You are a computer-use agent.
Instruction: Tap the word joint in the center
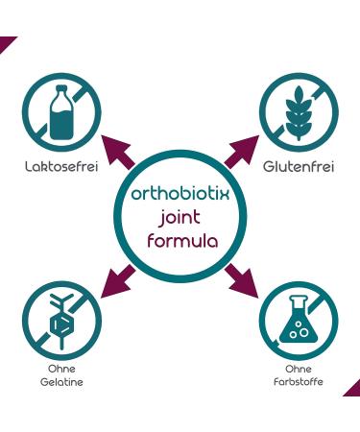point(180,216)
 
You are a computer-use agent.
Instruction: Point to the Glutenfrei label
point(299,167)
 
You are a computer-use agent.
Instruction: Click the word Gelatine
point(60,382)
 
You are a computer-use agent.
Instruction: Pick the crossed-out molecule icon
point(60,320)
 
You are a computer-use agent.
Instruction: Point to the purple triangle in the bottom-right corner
point(353,390)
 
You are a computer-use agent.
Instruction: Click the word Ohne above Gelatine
point(60,369)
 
